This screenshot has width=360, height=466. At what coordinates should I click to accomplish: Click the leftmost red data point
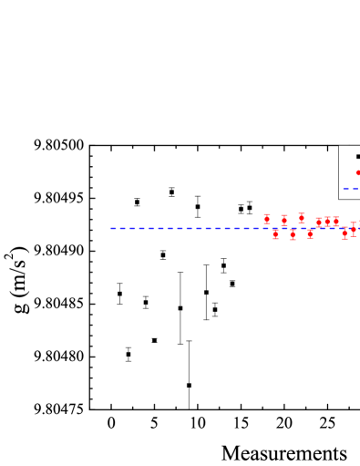click(x=267, y=219)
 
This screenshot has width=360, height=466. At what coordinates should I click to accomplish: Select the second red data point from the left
click(x=275, y=234)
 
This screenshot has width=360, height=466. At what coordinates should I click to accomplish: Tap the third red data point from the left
click(x=284, y=220)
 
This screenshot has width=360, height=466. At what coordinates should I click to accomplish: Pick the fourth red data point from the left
click(x=293, y=234)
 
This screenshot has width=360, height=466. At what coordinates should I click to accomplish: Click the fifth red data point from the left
click(x=302, y=218)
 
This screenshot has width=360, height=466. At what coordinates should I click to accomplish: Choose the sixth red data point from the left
click(x=310, y=234)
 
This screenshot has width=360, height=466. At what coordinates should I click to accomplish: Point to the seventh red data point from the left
click(x=319, y=222)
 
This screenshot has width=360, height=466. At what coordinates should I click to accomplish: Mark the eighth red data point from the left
click(x=327, y=221)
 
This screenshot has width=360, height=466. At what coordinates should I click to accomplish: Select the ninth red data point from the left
click(x=335, y=221)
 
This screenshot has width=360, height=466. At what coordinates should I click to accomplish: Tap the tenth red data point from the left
click(x=345, y=233)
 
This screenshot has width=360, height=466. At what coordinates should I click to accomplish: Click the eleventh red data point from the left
click(x=354, y=229)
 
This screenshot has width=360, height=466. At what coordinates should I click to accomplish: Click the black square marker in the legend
click(x=358, y=157)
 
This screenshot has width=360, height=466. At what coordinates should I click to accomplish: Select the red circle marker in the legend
click(x=358, y=172)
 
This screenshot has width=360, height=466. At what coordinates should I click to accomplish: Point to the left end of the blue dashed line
click(x=111, y=228)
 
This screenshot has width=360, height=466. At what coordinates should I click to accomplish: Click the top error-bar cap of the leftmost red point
click(x=267, y=214)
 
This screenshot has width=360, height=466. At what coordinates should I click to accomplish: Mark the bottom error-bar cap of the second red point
click(x=275, y=239)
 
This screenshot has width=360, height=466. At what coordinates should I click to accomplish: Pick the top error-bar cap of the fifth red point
click(x=302, y=213)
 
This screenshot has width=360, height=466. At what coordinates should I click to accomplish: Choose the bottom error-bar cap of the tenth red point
click(x=345, y=239)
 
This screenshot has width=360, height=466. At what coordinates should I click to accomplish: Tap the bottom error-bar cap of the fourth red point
click(x=293, y=239)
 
